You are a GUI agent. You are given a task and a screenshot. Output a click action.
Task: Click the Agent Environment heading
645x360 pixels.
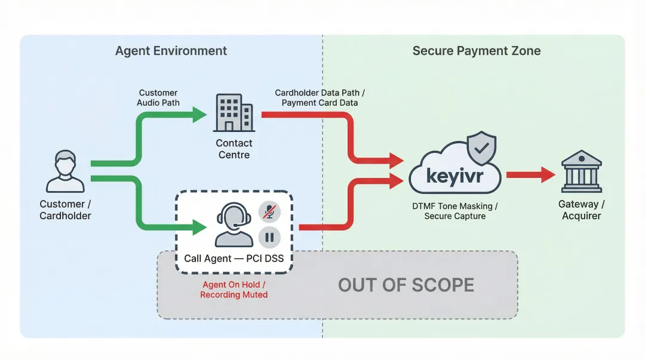pos(171,51)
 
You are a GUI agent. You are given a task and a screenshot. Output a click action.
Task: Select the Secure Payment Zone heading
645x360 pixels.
pos(476,51)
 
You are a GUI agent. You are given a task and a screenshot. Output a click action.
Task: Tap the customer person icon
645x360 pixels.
pos(65,171)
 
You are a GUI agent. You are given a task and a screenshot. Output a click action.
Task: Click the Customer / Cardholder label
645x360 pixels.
pos(65,210)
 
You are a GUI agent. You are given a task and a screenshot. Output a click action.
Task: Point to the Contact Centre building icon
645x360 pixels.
pos(234,113)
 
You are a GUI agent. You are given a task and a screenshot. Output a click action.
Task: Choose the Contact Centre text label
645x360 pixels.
pos(234,149)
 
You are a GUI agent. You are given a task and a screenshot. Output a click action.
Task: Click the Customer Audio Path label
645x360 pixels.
pos(158,97)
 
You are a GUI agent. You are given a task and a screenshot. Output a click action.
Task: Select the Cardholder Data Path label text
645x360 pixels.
pos(320,97)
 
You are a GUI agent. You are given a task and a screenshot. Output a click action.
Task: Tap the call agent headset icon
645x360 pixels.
pos(233,224)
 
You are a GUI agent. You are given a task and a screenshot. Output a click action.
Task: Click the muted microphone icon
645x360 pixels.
pos(269,211)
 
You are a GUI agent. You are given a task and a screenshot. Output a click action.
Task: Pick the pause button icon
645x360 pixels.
pos(269,237)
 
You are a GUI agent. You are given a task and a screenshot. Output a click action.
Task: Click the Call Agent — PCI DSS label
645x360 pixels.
pos(233,259)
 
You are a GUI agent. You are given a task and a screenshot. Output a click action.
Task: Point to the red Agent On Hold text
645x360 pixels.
pos(234,290)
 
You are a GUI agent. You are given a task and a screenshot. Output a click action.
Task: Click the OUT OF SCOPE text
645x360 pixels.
pos(406,285)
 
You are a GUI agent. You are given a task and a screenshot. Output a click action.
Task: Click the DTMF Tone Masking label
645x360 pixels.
pos(454,211)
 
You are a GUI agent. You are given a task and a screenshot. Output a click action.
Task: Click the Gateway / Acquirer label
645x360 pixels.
pos(581,210)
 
